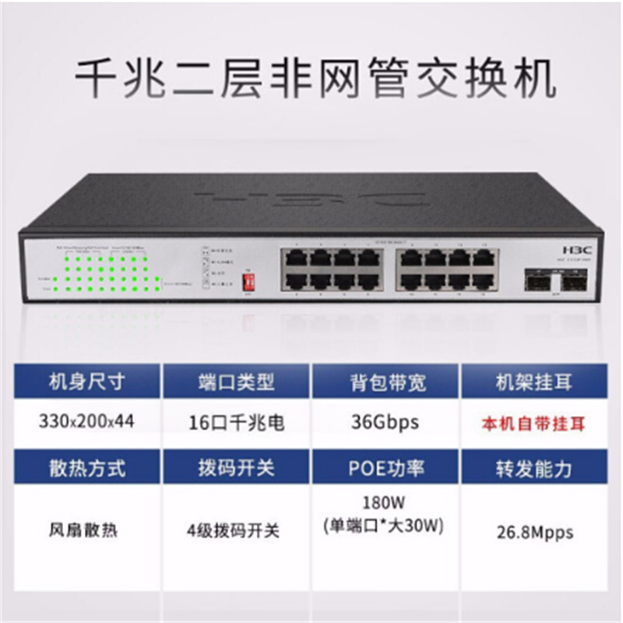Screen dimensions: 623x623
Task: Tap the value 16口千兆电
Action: click(237, 423)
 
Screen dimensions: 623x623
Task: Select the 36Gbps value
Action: click(387, 423)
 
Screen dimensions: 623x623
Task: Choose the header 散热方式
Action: click(86, 467)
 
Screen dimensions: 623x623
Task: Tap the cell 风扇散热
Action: click(86, 532)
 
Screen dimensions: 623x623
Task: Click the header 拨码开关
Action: click(237, 467)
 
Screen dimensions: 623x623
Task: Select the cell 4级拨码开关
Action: click(237, 532)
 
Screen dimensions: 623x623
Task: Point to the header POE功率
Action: click(387, 467)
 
